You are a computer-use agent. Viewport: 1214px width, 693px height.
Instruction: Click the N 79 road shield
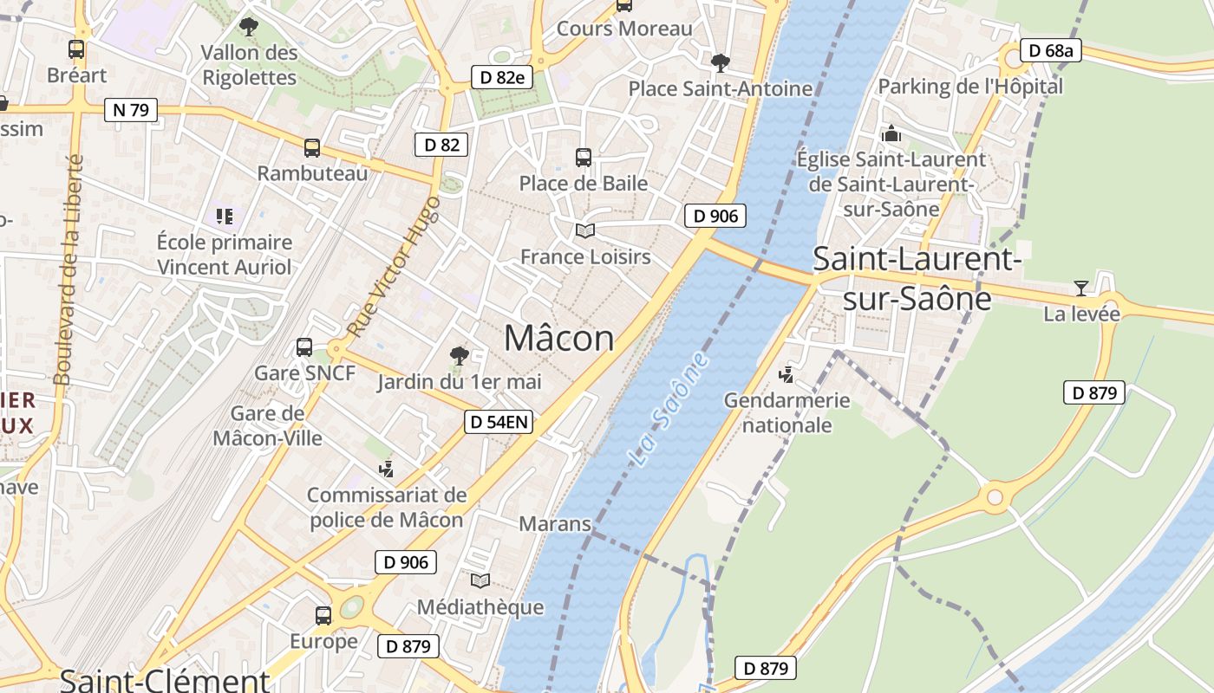[x=131, y=110]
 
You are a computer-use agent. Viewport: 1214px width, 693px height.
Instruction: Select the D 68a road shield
[x=1051, y=50]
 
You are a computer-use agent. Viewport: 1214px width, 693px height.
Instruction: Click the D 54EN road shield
[x=499, y=422]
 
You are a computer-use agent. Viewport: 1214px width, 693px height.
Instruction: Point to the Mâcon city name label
[x=558, y=338]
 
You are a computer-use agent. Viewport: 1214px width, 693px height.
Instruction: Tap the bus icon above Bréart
[x=76, y=49]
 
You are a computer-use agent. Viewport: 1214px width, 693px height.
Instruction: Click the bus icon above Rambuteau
[x=312, y=148]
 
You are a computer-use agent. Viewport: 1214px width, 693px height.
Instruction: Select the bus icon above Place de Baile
[x=584, y=158]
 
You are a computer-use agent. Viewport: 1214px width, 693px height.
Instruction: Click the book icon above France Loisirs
[x=585, y=231]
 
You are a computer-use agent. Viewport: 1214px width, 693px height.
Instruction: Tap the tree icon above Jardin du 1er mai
[x=459, y=355]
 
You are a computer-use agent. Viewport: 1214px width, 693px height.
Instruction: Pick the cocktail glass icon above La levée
[x=1080, y=288]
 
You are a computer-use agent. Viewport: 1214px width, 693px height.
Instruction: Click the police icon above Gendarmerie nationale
[x=786, y=375]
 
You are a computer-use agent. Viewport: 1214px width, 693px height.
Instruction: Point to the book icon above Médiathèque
[x=480, y=580]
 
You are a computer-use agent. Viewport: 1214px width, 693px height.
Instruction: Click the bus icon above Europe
[x=323, y=616]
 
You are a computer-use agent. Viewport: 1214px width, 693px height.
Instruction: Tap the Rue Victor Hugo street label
[x=395, y=267]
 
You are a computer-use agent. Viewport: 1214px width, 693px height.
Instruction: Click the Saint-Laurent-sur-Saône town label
[x=917, y=277]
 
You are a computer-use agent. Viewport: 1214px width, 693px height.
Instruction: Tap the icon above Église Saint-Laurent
[x=891, y=134]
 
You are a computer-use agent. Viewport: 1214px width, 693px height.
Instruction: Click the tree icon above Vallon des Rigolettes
[x=249, y=27]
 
